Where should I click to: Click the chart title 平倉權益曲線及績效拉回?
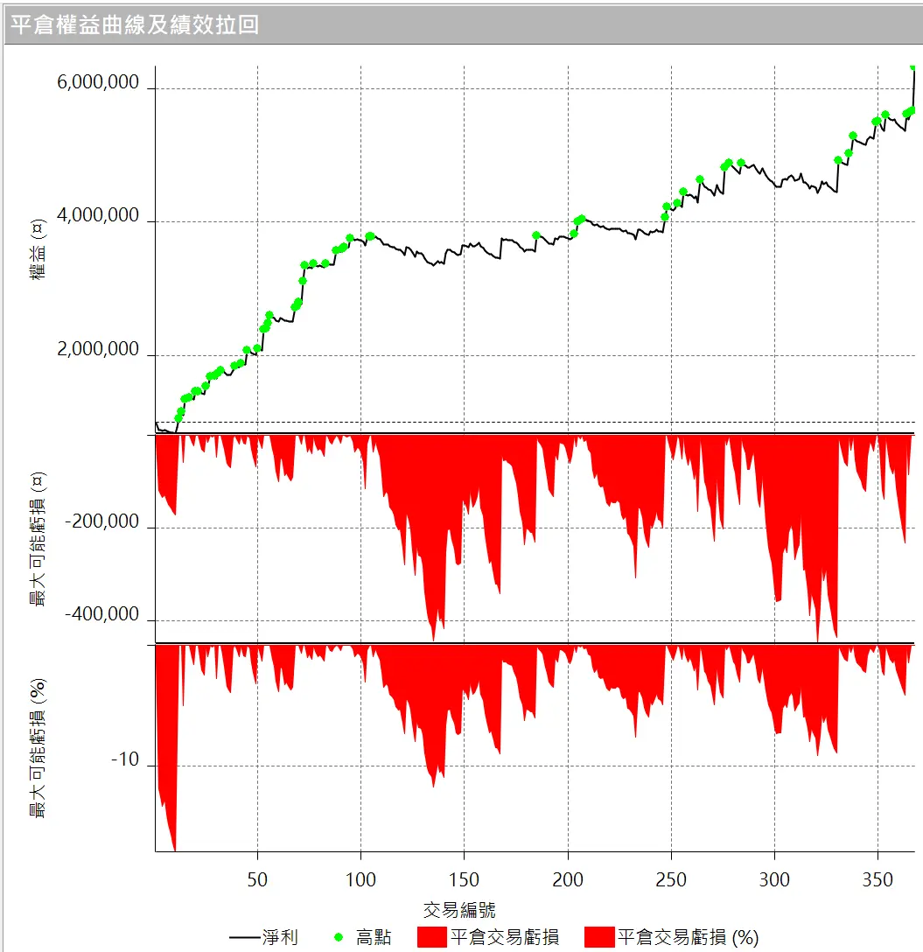tap(136, 24)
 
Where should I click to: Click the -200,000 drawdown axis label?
tap(103, 522)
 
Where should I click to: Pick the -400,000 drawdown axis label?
tap(103, 615)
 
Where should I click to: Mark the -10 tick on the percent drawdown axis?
tap(124, 760)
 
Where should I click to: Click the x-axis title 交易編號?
tap(459, 909)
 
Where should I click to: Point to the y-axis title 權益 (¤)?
tap(38, 252)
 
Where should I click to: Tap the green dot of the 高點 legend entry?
tap(339, 938)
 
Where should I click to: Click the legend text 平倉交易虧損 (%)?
tap(688, 938)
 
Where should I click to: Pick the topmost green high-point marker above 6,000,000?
tap(913, 66)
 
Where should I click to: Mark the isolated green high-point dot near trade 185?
tap(536, 235)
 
